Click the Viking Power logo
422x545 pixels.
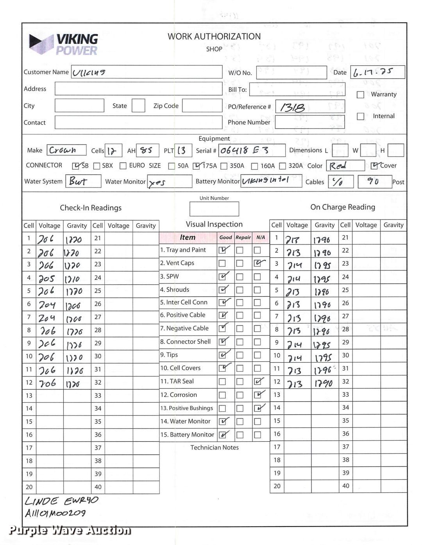pyautogui.click(x=64, y=44)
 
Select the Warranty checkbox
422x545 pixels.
pyautogui.click(x=361, y=95)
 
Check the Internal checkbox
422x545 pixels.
pyautogui.click(x=361, y=117)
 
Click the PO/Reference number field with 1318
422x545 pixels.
pyautogui.click(x=310, y=107)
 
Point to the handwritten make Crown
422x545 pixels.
pyautogui.click(x=66, y=150)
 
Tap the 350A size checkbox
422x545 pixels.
pyautogui.click(x=224, y=166)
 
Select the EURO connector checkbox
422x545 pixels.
pyautogui.click(x=123, y=166)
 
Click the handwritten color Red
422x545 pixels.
pyautogui.click(x=345, y=166)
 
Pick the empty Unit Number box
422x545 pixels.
pyautogui.click(x=214, y=209)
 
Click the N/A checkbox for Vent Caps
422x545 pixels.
pyautogui.click(x=257, y=264)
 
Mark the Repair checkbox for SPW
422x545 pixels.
pyautogui.click(x=240, y=277)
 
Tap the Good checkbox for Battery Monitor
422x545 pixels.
pyautogui.click(x=222, y=435)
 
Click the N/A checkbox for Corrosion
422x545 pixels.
pyautogui.click(x=257, y=395)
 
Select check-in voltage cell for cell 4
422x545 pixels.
pyautogui.click(x=49, y=278)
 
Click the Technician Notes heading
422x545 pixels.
pyautogui.click(x=214, y=447)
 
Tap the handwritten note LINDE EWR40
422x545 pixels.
pyautogui.click(x=61, y=501)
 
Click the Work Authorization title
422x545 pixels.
pyautogui.click(x=214, y=36)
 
